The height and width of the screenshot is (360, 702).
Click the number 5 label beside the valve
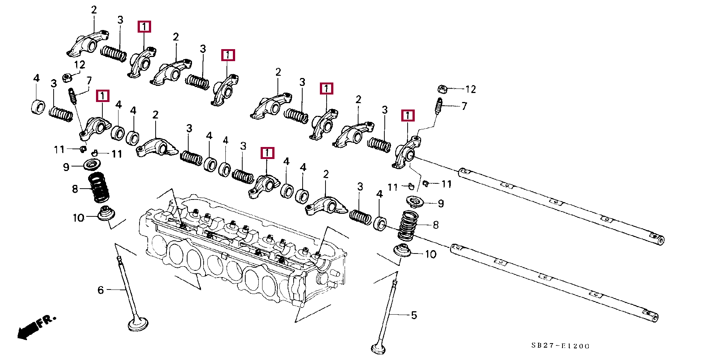(x=414, y=315)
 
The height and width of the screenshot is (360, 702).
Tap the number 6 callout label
(x=100, y=290)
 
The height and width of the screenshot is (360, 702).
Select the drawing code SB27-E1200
(x=560, y=346)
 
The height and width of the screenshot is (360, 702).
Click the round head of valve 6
(x=138, y=324)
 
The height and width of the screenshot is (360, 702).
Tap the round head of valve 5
(x=378, y=349)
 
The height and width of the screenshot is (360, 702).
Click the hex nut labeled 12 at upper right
(x=442, y=89)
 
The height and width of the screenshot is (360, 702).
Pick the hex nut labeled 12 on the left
(x=67, y=78)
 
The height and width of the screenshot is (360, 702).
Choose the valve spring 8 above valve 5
(x=408, y=225)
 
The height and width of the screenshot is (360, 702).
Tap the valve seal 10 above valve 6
(x=105, y=213)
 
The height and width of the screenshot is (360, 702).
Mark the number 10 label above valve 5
(x=431, y=254)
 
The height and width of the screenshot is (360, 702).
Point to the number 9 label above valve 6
(x=66, y=167)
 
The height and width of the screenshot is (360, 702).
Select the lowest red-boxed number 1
(x=267, y=153)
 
